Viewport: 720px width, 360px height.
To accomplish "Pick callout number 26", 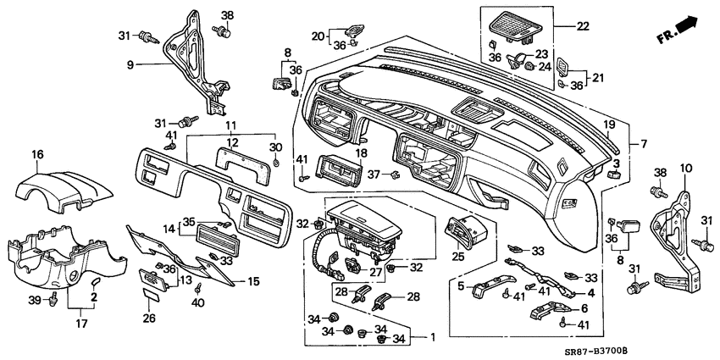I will tap(149, 318).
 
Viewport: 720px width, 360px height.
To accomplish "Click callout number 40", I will tap(197, 302).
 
